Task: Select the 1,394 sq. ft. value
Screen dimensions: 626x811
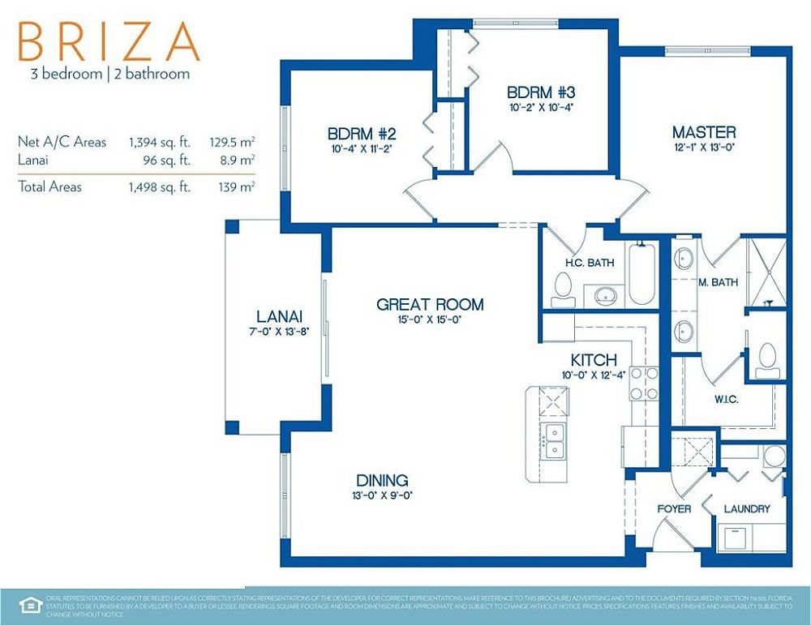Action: [159, 142]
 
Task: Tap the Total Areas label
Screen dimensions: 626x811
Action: [49, 187]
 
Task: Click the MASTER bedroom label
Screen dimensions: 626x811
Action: [704, 132]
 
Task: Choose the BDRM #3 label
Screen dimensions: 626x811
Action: [541, 92]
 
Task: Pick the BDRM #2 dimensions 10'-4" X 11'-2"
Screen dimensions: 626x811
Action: [361, 148]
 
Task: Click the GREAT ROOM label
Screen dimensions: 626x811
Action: [430, 305]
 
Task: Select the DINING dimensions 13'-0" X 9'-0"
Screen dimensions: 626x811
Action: [382, 495]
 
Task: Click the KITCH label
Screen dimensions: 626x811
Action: [594, 360]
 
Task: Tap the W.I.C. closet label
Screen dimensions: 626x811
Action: [725, 400]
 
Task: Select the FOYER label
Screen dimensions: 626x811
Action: [674, 509]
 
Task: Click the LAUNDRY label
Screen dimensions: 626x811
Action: [746, 509]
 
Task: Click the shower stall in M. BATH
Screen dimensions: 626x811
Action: [766, 272]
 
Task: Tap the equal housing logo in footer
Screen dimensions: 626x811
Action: [29, 604]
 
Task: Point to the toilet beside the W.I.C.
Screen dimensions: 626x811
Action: [766, 359]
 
